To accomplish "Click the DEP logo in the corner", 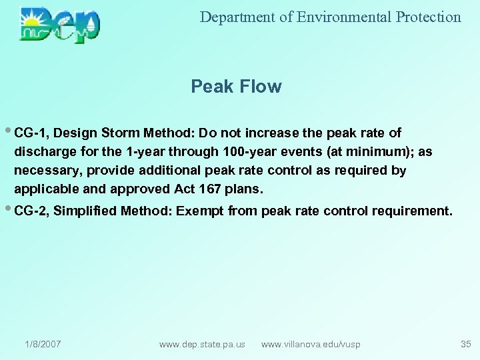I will (x=60, y=25).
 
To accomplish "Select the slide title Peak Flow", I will (x=236, y=87).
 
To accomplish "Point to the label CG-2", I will (x=31, y=211).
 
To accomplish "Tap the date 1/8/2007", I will (x=43, y=344).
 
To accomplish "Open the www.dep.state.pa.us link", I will (x=202, y=344).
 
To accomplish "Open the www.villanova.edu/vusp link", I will (x=311, y=344).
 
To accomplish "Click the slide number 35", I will (x=465, y=344).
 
